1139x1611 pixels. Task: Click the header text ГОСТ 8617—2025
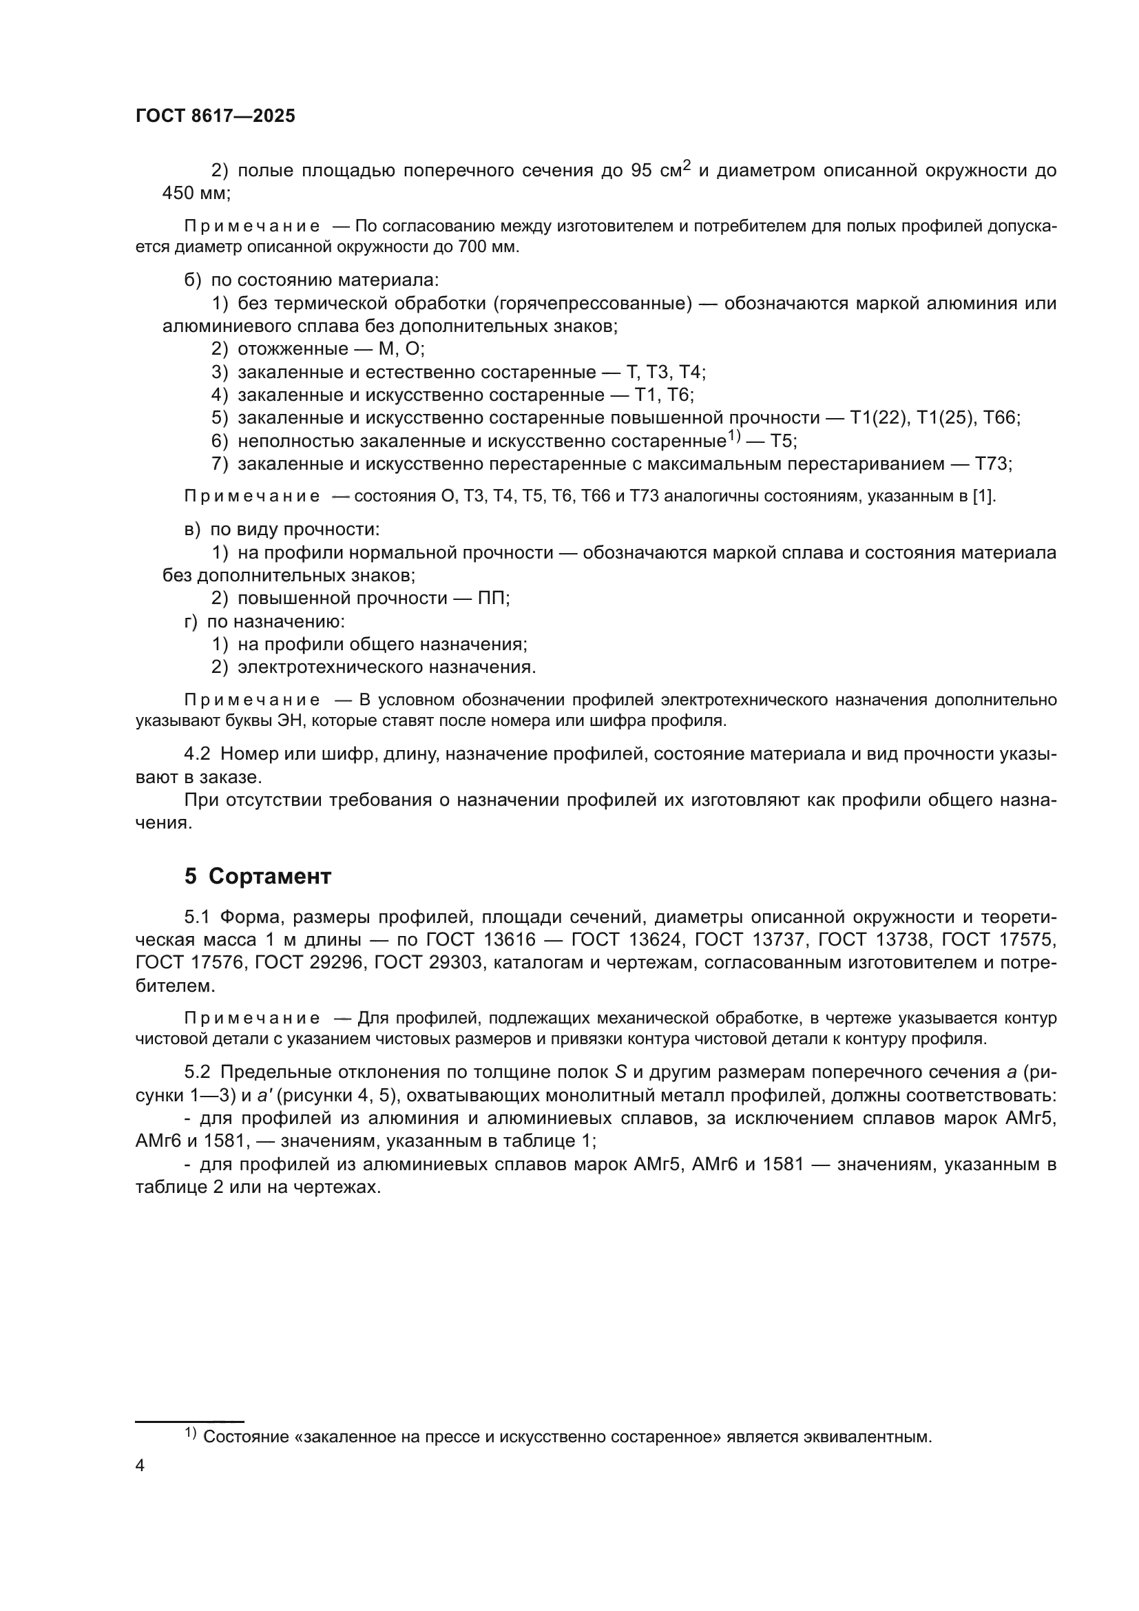point(216,116)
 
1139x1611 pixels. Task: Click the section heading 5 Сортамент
point(258,876)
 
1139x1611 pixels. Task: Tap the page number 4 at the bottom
point(140,1466)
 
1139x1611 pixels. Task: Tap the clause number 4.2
point(197,754)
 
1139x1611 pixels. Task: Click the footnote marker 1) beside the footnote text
point(190,1433)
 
